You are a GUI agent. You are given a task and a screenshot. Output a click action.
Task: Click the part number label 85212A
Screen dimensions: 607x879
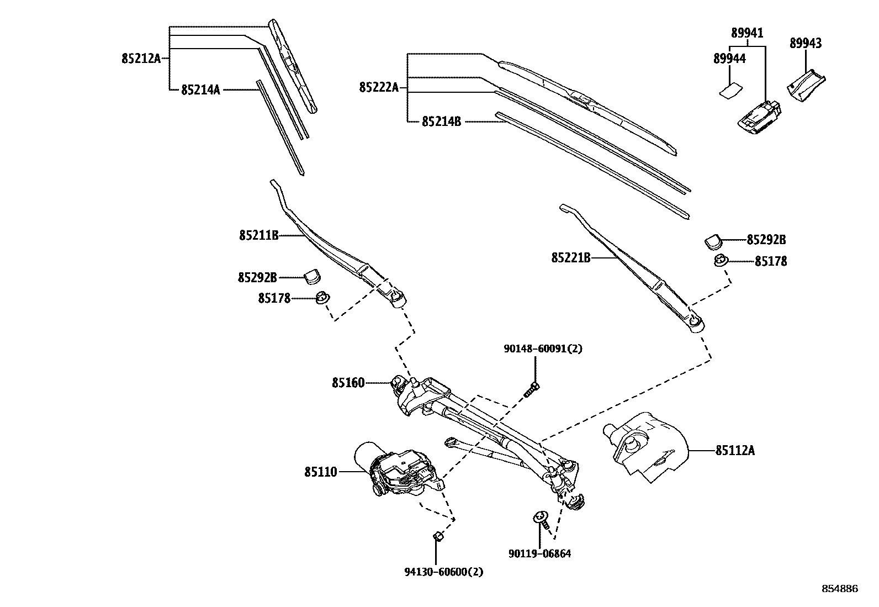tap(141, 58)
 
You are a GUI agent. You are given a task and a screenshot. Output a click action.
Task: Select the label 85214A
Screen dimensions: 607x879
tap(200, 89)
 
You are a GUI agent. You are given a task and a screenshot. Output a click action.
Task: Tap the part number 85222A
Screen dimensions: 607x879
tap(378, 87)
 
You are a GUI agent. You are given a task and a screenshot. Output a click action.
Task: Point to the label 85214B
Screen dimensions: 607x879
tap(441, 121)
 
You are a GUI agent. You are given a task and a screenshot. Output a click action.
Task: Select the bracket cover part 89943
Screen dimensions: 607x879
tap(806, 86)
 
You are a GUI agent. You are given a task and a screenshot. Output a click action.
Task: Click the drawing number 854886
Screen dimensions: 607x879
tap(840, 589)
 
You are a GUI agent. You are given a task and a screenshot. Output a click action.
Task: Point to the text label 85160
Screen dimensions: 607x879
tap(348, 382)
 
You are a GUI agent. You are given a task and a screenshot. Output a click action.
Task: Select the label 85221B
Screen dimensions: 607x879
tap(571, 257)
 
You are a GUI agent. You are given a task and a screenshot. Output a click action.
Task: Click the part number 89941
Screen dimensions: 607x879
tap(747, 33)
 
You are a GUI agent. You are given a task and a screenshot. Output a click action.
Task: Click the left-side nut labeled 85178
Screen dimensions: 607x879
tap(322, 298)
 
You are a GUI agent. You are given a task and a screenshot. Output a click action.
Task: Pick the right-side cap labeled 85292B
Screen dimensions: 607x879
tap(713, 240)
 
